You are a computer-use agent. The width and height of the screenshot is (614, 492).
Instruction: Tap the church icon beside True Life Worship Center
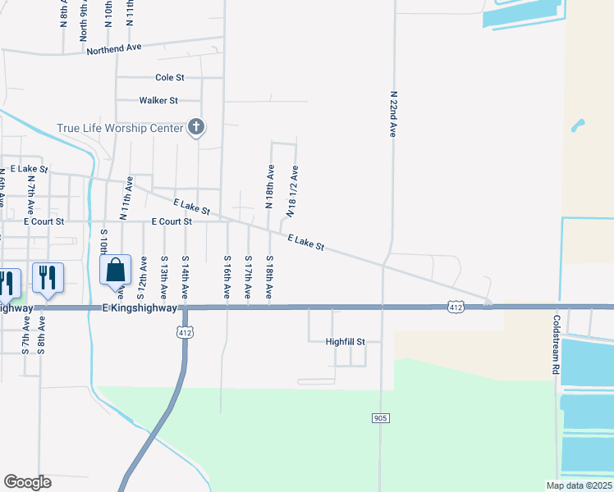coord(195,126)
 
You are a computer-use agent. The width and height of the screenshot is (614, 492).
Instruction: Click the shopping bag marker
coord(116,270)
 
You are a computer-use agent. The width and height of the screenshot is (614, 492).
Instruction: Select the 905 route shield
coord(380,418)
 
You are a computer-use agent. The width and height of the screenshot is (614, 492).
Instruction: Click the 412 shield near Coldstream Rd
coord(456,307)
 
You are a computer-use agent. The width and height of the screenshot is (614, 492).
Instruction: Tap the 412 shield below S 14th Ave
coord(186,331)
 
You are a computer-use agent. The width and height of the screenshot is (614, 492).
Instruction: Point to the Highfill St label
coord(344,341)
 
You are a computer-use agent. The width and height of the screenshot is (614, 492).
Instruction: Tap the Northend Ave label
coord(115,49)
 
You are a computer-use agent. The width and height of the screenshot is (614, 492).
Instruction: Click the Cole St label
coord(170,78)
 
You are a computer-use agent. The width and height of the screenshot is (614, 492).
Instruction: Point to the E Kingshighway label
coord(140,307)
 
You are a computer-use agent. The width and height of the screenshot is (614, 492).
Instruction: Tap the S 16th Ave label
coord(227,276)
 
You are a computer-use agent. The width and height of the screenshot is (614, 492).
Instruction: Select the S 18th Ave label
coord(269,276)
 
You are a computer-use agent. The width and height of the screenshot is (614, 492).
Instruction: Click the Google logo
coord(27,482)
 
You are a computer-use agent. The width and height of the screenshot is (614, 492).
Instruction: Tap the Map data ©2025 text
coord(580,485)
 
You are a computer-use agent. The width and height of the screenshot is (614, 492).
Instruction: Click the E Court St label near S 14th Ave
coord(172,221)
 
